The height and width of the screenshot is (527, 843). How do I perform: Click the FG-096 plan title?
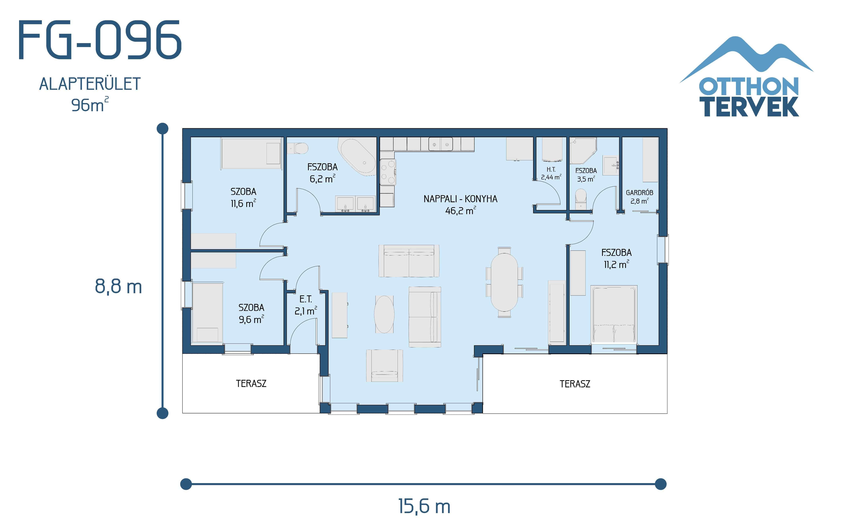(x=100, y=40)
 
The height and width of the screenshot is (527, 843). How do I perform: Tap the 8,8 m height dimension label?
(x=118, y=287)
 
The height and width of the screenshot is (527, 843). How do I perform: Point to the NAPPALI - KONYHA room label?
(x=460, y=199)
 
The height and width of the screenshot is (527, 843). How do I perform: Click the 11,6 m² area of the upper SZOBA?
(x=243, y=204)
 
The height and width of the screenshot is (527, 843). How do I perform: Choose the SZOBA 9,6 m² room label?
(x=251, y=313)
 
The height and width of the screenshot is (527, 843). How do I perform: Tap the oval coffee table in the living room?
(x=384, y=314)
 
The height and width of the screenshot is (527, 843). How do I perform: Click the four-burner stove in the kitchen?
(x=388, y=172)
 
